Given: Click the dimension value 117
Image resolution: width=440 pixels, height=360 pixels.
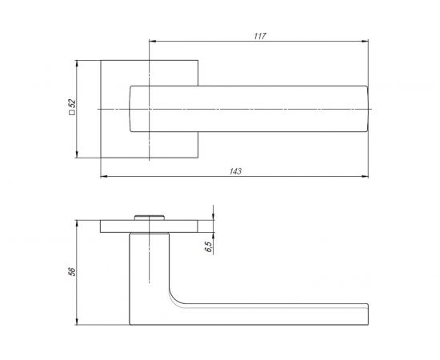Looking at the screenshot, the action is pos(260,36).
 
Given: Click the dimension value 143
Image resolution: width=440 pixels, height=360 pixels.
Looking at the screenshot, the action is pos(235,171).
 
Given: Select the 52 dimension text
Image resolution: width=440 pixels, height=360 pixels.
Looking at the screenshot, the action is pos(72,103).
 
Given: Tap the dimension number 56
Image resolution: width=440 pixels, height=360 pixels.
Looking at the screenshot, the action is pos(72,272).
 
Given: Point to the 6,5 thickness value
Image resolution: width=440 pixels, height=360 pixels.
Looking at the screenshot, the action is pos(209,246).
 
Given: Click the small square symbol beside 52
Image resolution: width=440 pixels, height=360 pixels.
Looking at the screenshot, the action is pos(72,112).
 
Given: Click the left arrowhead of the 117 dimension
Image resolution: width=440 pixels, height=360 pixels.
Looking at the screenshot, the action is pos(152,42).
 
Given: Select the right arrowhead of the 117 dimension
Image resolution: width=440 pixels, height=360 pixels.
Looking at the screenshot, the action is pos(365,42).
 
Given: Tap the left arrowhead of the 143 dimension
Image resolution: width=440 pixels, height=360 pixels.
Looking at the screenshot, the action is pos(104,177).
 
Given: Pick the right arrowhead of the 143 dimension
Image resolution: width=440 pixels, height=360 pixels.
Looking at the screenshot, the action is pos(365,177).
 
